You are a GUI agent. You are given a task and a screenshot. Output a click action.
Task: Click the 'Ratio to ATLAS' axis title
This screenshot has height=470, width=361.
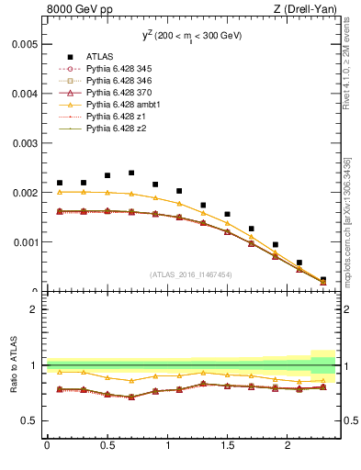pyautogui.click(x=12, y=365)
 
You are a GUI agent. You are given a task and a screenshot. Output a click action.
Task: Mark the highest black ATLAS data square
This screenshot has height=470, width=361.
pyautogui.click(x=131, y=173)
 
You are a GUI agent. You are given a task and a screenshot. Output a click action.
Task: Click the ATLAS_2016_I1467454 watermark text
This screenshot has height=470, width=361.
pyautogui.click(x=191, y=274)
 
